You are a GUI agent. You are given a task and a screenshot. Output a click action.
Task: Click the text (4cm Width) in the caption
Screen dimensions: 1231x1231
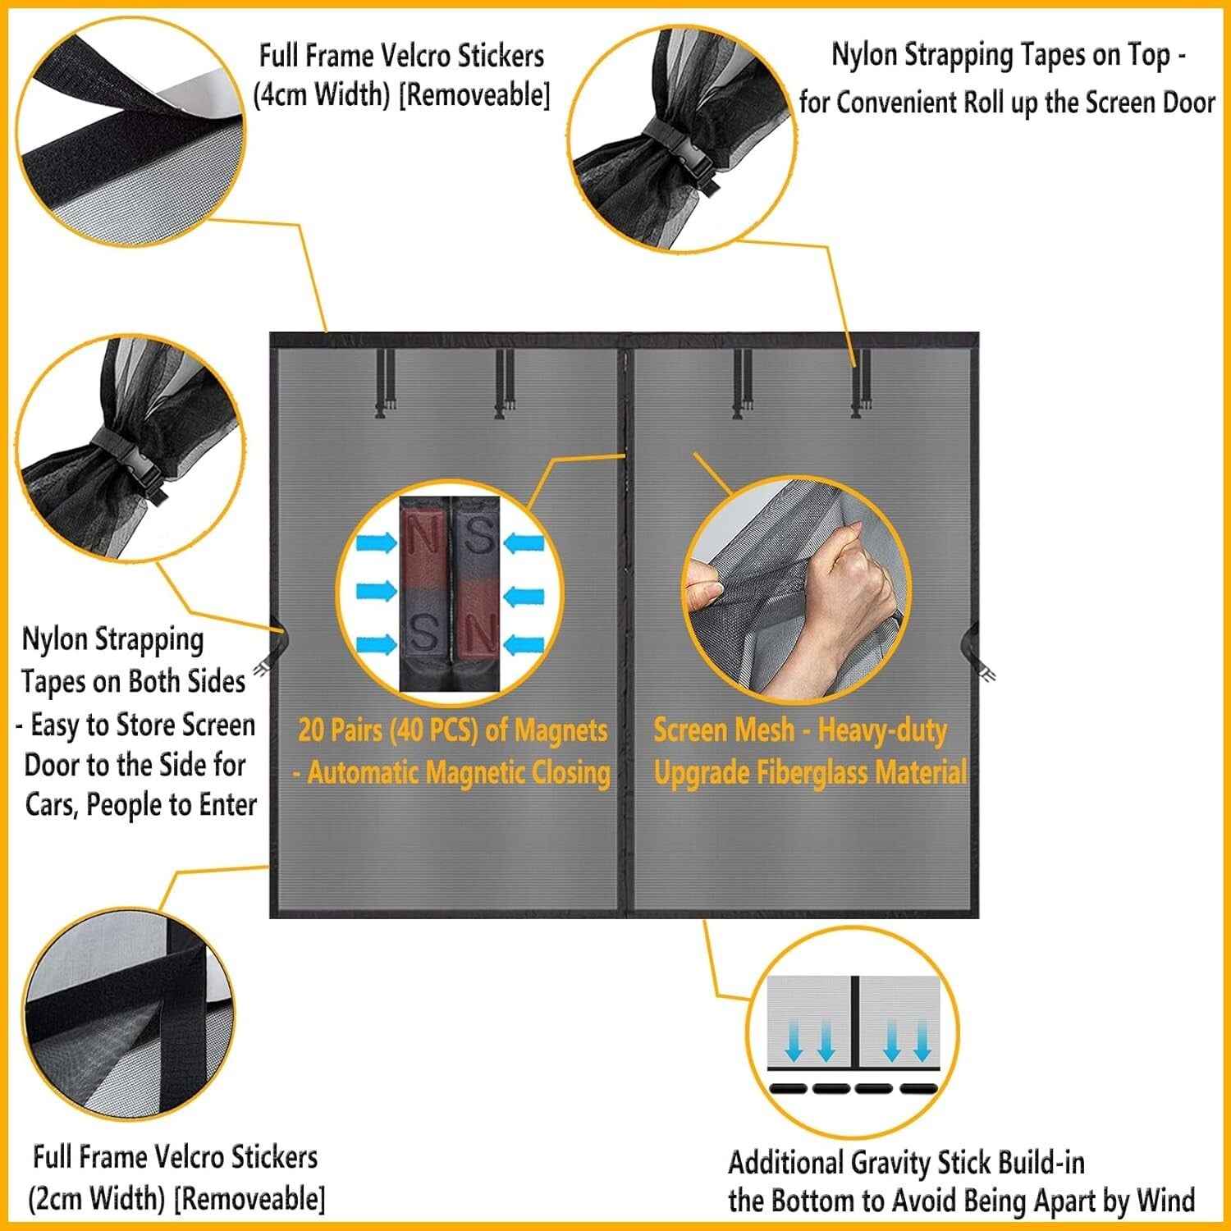[x=322, y=95]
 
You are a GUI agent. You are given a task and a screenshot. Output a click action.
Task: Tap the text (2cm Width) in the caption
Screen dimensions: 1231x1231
[x=97, y=1198]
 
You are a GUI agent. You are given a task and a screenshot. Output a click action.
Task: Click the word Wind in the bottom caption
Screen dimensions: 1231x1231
[x=1165, y=1201]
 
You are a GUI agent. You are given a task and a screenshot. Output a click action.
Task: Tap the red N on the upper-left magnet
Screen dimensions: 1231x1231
[x=423, y=538]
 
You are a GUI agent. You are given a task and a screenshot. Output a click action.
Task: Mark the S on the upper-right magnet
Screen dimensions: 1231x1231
[x=478, y=534]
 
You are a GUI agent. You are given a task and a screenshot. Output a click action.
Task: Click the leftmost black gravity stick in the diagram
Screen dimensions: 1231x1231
[x=789, y=1089]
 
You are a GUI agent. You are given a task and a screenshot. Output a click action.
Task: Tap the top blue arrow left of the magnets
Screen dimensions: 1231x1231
[x=377, y=542]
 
